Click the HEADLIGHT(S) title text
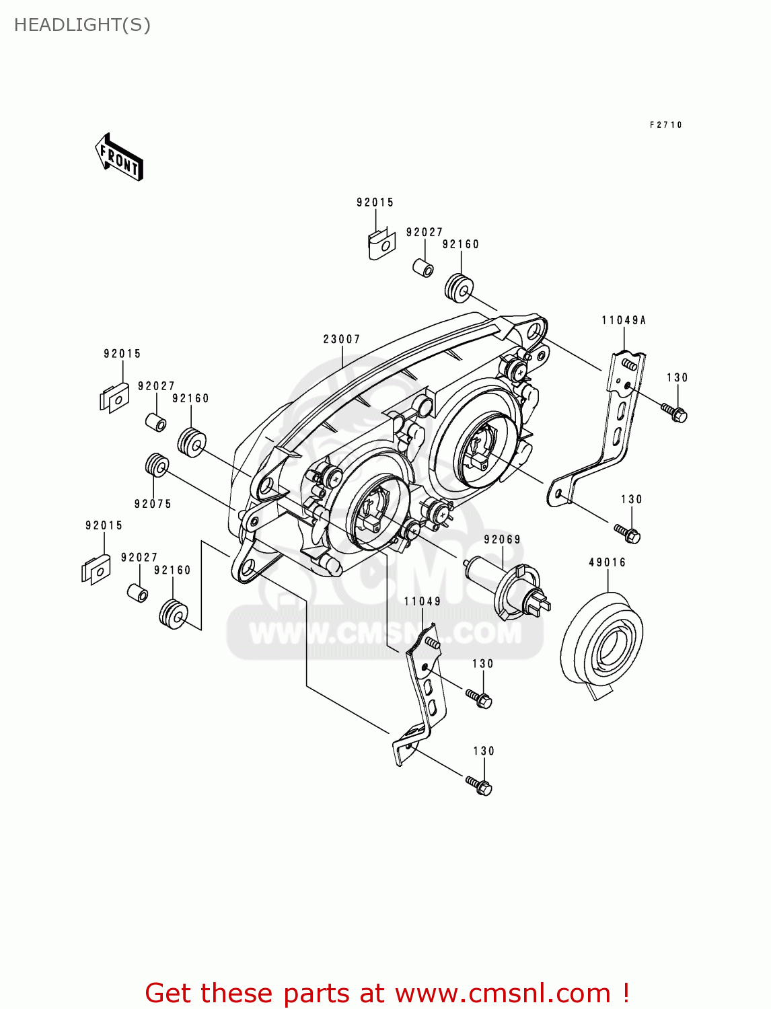[x=82, y=25]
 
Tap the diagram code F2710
[x=665, y=124]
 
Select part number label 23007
[x=342, y=339]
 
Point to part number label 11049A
[x=624, y=320]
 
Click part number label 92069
[x=502, y=539]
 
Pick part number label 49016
[x=607, y=562]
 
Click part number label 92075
[x=153, y=504]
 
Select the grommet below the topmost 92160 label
[x=459, y=288]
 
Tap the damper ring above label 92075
[x=157, y=465]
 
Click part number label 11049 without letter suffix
[x=422, y=601]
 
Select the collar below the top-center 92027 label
[x=423, y=267]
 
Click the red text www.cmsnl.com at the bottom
[x=502, y=993]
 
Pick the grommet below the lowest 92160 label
[x=174, y=614]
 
